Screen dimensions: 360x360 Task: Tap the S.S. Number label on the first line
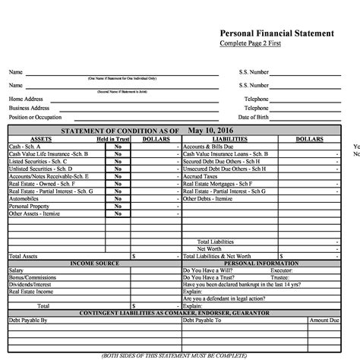coord(254,72)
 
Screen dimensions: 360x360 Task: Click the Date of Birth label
coord(254,118)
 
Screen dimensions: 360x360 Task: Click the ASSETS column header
coord(41,140)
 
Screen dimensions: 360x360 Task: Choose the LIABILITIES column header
coord(229,140)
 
